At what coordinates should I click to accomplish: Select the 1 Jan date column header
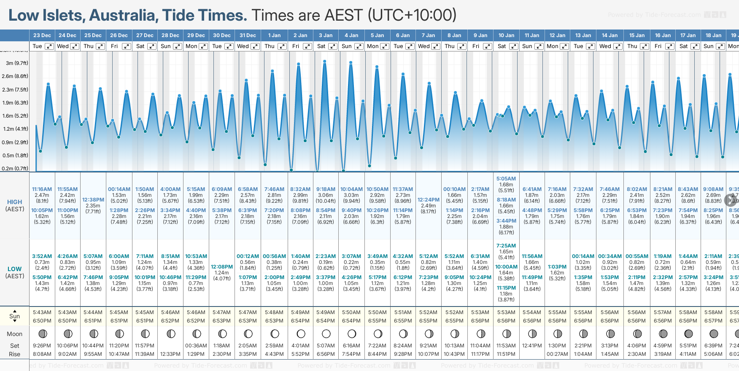(x=274, y=35)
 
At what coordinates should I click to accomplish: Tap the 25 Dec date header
(x=93, y=35)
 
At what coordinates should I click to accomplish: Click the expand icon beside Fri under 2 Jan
(x=307, y=46)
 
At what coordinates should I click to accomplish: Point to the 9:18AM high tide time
(x=326, y=189)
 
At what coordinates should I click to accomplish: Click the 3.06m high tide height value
(x=326, y=195)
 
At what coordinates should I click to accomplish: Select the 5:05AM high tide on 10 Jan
(x=506, y=179)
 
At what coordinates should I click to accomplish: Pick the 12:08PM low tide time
(x=222, y=267)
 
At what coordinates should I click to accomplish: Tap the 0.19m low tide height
(x=326, y=262)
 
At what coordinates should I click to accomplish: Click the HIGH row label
(x=15, y=202)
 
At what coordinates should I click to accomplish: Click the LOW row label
(x=15, y=269)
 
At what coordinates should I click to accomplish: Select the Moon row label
(x=15, y=334)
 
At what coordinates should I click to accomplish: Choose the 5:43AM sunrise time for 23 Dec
(x=42, y=312)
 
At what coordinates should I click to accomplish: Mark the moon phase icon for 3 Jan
(x=326, y=334)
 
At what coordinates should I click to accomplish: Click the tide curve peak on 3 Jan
(x=325, y=62)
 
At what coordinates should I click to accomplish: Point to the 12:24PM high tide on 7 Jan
(x=429, y=200)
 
